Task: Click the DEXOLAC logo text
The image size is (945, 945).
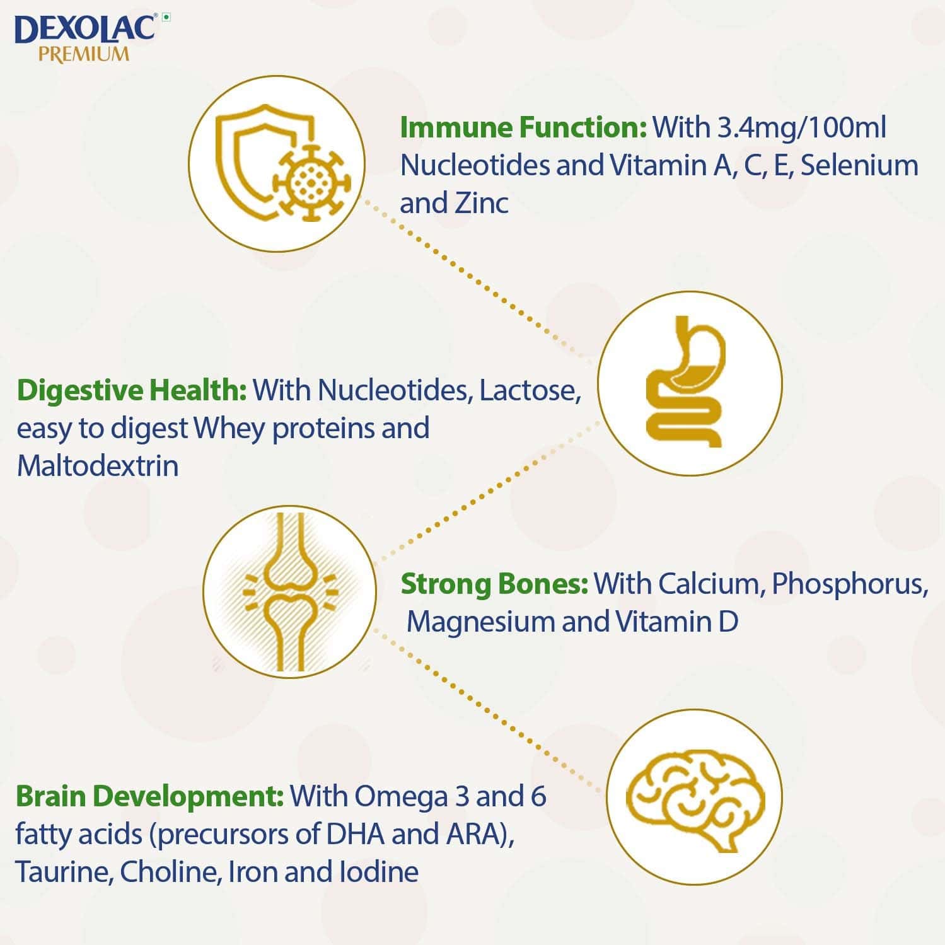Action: point(84,28)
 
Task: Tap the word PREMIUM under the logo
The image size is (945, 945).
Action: point(84,54)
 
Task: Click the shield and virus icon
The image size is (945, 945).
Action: point(277,164)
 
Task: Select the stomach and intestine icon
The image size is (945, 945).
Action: point(689,383)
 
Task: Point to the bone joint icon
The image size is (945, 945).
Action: point(290,591)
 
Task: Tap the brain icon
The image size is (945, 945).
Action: point(694,797)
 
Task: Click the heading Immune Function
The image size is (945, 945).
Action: point(523,127)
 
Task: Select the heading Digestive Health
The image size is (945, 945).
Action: point(132,390)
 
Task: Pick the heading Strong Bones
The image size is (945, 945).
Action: point(494,584)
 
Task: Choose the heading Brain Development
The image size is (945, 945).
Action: point(149,796)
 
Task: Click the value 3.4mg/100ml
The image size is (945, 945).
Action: point(801,127)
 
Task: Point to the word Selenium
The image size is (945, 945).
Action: point(859,165)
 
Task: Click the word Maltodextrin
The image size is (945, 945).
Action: point(98,466)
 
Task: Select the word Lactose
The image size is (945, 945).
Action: point(530,390)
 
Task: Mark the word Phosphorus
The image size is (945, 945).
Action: point(849,584)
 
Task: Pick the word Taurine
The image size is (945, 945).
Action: point(63,872)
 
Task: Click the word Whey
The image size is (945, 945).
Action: point(229,428)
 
